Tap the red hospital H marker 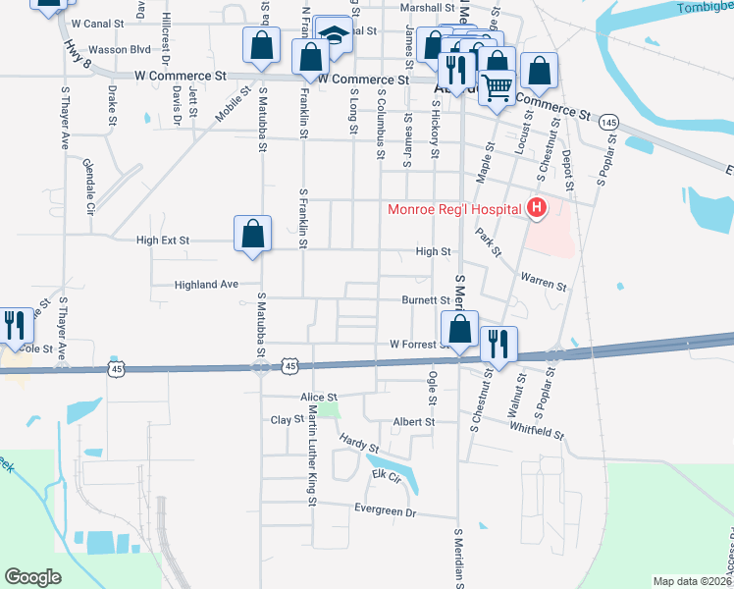click(536, 207)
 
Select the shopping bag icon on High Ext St click(252, 234)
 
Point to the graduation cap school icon click(334, 35)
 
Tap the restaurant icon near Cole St click(13, 324)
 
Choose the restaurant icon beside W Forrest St click(498, 344)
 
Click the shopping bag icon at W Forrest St click(459, 329)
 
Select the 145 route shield click(609, 122)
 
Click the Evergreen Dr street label click(385, 512)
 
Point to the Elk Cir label click(387, 476)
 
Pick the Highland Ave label click(206, 285)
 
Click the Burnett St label click(425, 300)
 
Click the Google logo click(33, 577)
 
